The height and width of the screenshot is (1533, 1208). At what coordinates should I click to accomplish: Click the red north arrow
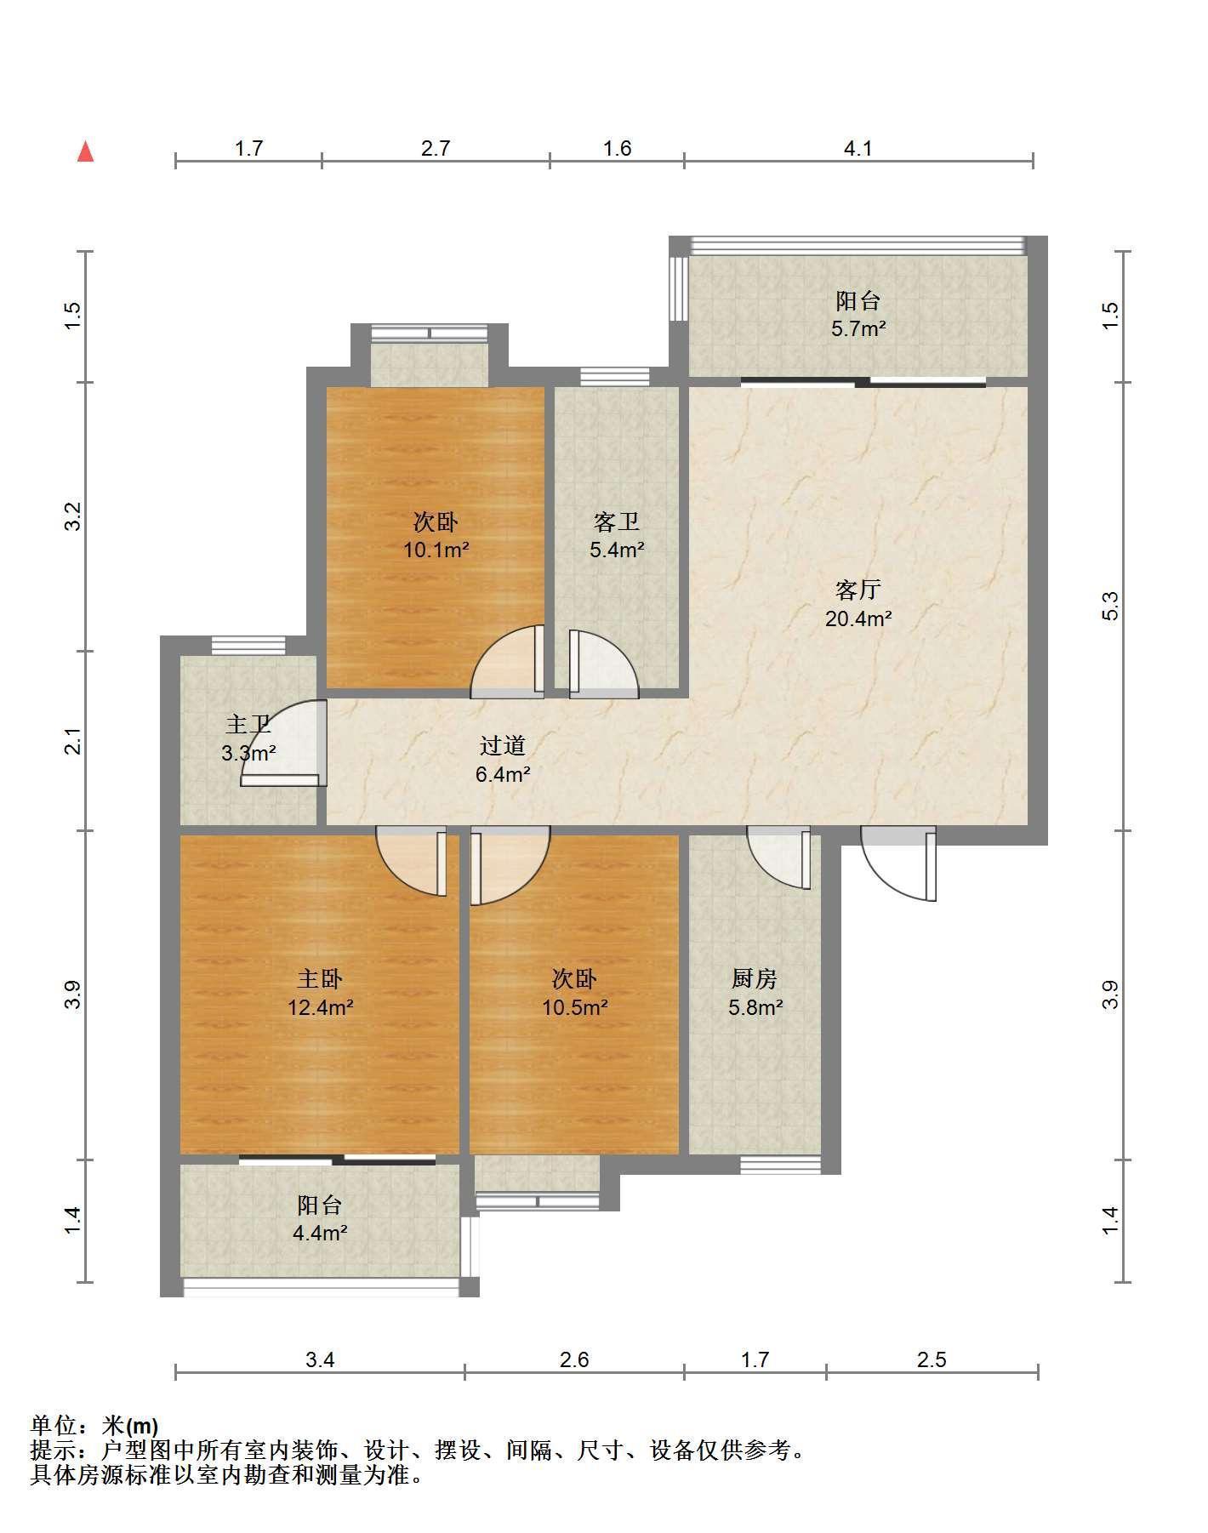85,151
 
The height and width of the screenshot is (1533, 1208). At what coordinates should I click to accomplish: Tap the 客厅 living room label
858,590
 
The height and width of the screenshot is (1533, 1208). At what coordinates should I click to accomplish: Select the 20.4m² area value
858,618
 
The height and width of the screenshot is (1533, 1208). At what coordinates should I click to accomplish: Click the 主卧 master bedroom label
320,979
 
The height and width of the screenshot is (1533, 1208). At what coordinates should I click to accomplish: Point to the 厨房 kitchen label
755,979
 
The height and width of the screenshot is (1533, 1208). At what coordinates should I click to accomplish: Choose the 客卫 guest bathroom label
617,521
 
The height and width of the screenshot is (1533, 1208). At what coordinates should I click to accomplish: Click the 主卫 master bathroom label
248,725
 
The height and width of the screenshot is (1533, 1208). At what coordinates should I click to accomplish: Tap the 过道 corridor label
503,746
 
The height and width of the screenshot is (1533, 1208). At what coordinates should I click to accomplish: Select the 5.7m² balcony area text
858,329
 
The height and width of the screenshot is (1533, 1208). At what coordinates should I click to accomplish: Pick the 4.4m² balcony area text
320,1233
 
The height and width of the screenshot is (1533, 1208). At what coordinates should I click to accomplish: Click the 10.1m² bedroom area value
436,550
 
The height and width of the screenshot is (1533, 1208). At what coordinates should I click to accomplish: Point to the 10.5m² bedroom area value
575,1008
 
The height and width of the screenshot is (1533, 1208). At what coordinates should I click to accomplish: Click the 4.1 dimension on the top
858,149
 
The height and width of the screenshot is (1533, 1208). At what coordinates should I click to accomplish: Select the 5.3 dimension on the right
1111,606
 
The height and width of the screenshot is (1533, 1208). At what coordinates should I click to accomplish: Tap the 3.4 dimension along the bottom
320,1359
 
